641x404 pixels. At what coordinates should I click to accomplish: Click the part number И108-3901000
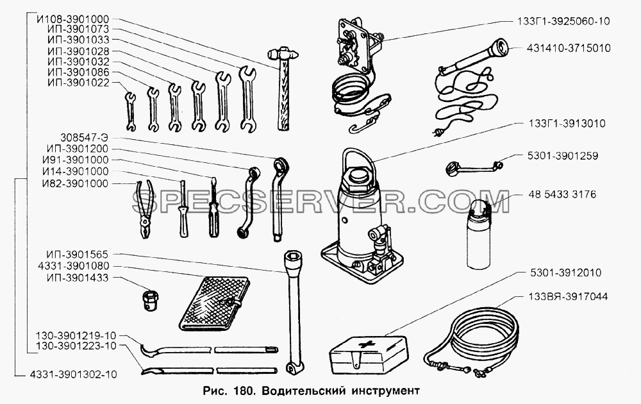point(72,19)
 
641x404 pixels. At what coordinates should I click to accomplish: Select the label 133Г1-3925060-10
point(563,21)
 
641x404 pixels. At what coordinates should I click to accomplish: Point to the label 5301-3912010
point(565,273)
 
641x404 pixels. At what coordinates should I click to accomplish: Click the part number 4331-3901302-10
point(73,374)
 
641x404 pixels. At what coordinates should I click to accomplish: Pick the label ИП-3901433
point(78,278)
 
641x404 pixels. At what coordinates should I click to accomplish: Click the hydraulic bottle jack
point(362,221)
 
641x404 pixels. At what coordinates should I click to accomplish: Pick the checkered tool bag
point(214,302)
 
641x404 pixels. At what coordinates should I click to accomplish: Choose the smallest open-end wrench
point(130,111)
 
